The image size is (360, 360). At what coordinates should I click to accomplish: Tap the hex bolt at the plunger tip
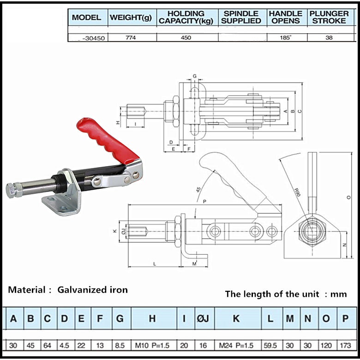pos(12,190)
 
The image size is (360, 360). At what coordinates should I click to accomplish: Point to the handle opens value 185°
pos(286,38)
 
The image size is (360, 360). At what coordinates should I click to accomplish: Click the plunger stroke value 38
pos(329,38)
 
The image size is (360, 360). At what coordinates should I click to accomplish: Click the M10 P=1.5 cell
pos(152,345)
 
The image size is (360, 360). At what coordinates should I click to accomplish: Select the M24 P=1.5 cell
pos(235,345)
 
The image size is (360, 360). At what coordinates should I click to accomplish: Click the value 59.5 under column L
pos(270,345)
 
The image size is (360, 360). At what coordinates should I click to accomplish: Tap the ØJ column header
pos(204,318)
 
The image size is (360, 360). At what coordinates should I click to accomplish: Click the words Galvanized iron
pos(92,290)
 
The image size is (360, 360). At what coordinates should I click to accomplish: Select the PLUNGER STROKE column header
pos(329,18)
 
